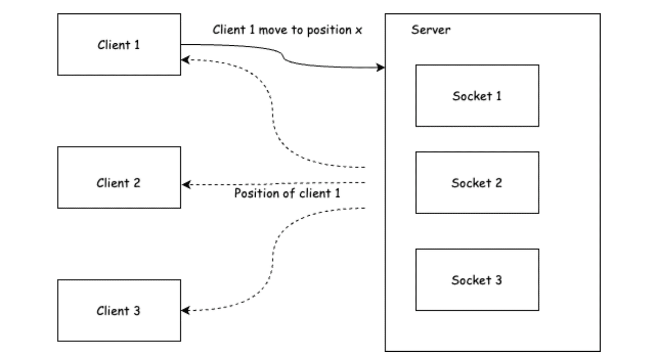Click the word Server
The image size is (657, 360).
pyautogui.click(x=430, y=30)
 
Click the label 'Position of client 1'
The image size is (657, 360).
pyautogui.click(x=287, y=194)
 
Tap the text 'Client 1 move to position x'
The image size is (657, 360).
pyautogui.click(x=287, y=30)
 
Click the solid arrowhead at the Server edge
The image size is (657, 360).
pyautogui.click(x=381, y=68)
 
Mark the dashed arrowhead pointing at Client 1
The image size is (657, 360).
pyautogui.click(x=186, y=60)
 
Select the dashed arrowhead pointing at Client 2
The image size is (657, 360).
pyautogui.click(x=186, y=185)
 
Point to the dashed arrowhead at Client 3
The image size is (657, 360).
pyautogui.click(x=186, y=310)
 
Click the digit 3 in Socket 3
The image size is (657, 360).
pyautogui.click(x=499, y=280)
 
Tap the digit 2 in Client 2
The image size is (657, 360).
pyautogui.click(x=137, y=183)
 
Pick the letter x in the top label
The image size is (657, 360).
pyautogui.click(x=359, y=31)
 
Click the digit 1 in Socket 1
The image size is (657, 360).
pyautogui.click(x=499, y=96)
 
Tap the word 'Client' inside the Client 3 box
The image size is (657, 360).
pyautogui.click(x=113, y=311)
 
